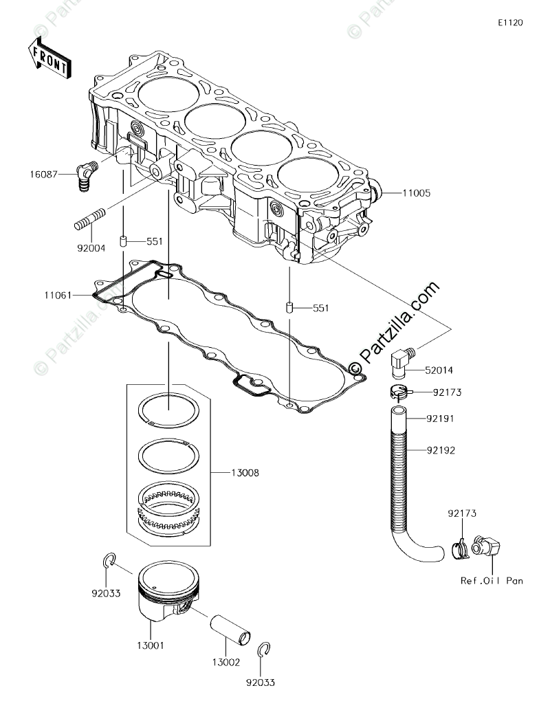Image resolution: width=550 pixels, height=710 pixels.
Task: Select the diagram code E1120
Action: pyautogui.click(x=511, y=23)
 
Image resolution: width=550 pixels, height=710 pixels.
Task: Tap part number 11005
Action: pyautogui.click(x=416, y=193)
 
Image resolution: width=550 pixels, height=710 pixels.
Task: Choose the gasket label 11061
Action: pyautogui.click(x=58, y=295)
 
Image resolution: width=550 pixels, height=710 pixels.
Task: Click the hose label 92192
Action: pyautogui.click(x=441, y=450)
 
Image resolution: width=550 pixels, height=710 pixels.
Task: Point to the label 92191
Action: pyautogui.click(x=441, y=418)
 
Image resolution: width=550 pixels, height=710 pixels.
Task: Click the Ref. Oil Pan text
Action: pyautogui.click(x=492, y=581)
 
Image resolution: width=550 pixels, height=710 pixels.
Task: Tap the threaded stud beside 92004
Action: pyautogui.click(x=89, y=219)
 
